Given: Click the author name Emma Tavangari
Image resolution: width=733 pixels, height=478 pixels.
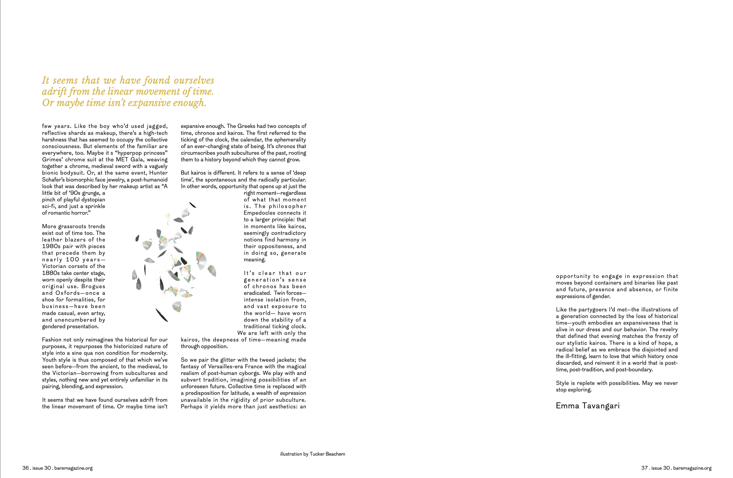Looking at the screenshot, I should tap(587, 406).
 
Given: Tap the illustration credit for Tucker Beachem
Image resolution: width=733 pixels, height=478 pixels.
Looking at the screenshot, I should tap(312, 454).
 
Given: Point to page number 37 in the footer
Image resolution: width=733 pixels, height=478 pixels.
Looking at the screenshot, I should tap(644, 468).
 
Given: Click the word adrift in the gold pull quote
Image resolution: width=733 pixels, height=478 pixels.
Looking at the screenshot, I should tap(53, 91).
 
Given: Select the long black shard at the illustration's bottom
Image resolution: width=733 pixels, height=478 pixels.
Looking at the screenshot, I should tap(162, 315).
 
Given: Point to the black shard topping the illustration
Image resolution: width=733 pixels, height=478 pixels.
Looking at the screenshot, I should tap(193, 205).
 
